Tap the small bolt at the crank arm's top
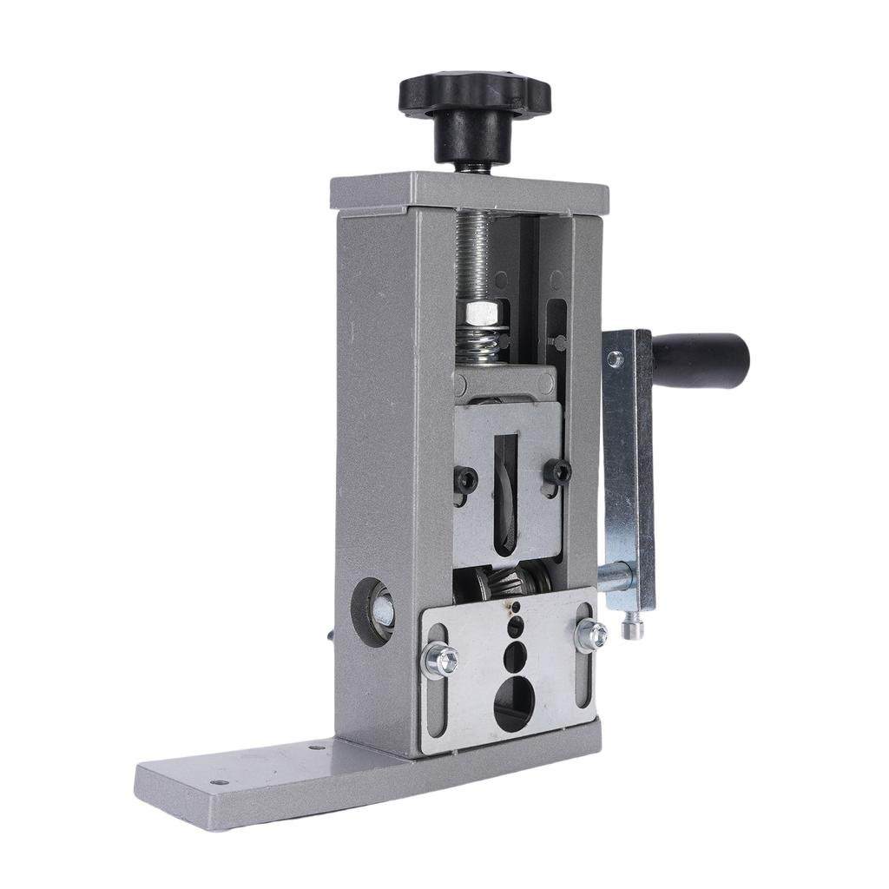pyautogui.click(x=616, y=358)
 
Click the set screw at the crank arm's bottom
pyautogui.click(x=634, y=624)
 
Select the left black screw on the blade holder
pyautogui.click(x=466, y=477)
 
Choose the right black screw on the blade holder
pyautogui.click(x=560, y=471)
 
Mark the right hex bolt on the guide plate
pyautogui.click(x=591, y=634)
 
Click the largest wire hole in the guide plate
pyautogui.click(x=515, y=701)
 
